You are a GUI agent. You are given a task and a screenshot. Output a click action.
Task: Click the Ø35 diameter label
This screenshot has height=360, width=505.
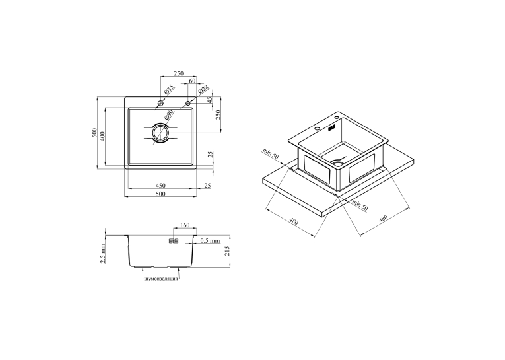(x=169, y=89)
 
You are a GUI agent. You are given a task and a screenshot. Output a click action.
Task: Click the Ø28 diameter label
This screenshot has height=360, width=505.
(x=204, y=89)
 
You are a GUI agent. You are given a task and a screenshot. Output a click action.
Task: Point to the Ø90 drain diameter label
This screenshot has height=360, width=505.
(x=169, y=114)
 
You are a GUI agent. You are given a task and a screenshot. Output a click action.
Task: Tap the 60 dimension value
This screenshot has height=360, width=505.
(x=192, y=81)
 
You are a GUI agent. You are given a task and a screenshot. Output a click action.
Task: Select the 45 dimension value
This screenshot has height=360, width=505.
(x=211, y=100)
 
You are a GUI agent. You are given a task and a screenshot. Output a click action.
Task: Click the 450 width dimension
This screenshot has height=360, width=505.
(x=160, y=186)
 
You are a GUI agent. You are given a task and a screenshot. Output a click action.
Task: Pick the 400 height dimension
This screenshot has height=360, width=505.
(x=102, y=136)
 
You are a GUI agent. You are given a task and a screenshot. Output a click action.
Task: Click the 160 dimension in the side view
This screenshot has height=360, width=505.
(x=185, y=225)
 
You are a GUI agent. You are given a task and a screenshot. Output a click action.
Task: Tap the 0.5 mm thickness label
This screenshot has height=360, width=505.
(x=210, y=240)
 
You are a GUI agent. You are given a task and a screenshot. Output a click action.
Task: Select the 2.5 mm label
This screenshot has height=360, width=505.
(x=103, y=254)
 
